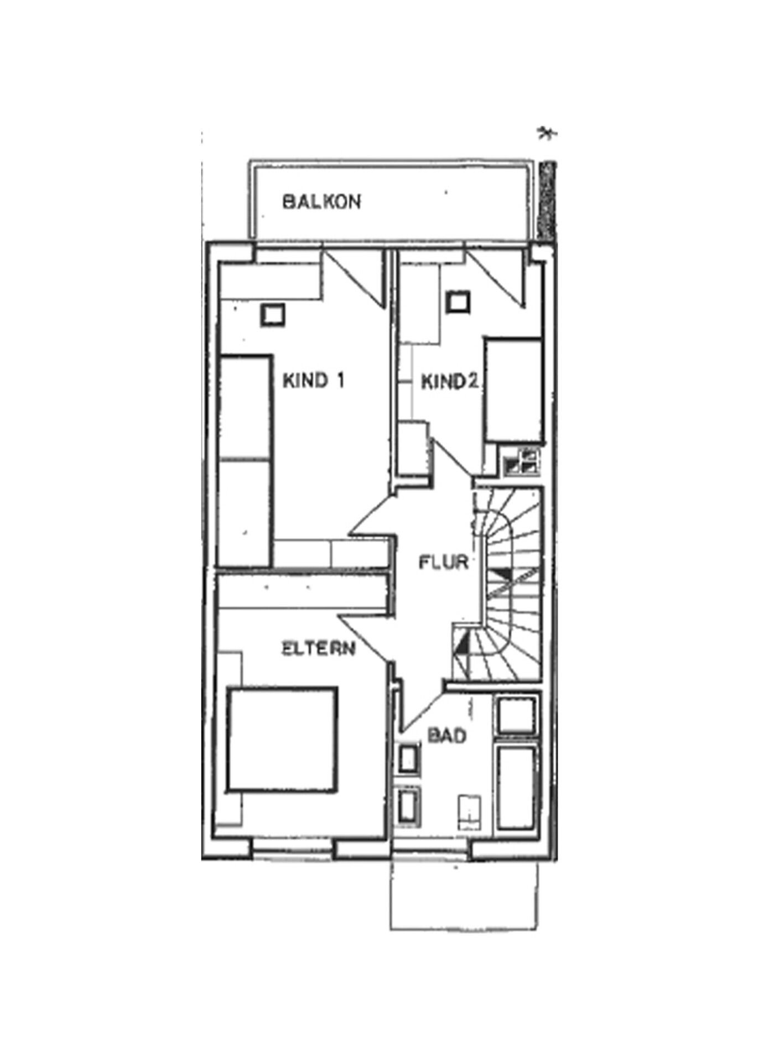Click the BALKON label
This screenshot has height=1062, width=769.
click(321, 201)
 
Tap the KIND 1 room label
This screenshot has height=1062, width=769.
click(314, 381)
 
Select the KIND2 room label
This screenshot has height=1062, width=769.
click(449, 382)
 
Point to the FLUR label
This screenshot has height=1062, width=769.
click(444, 563)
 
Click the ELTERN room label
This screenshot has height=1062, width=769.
click(319, 648)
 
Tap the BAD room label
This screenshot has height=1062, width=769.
click(447, 736)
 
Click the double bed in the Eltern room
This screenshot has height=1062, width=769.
click(282, 740)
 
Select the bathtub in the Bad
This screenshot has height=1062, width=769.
click(517, 788)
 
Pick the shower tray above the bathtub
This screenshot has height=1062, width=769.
click(517, 716)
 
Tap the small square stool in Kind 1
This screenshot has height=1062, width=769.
click(273, 315)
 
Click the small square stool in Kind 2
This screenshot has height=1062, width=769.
click(459, 302)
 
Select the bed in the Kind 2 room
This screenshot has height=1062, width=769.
click(513, 390)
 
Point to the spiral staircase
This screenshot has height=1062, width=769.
click(506, 584)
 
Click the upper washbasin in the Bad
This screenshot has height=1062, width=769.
click(408, 759)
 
